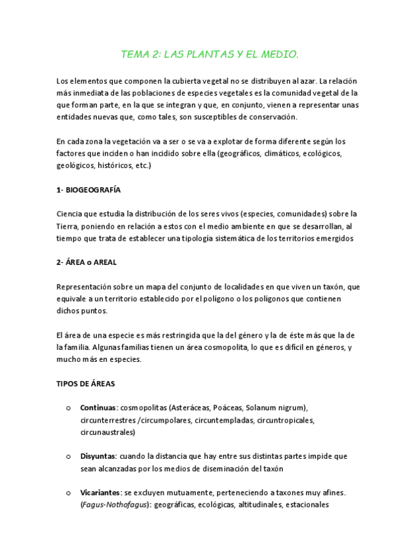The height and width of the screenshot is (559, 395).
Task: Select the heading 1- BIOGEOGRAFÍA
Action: [x=88, y=190]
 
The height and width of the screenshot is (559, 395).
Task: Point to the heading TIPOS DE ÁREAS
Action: [x=87, y=383]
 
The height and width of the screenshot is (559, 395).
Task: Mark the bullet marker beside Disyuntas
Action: [x=68, y=456]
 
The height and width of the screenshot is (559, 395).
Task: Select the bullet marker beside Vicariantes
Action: [x=68, y=493]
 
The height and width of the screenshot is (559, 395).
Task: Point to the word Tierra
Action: [x=69, y=226]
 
